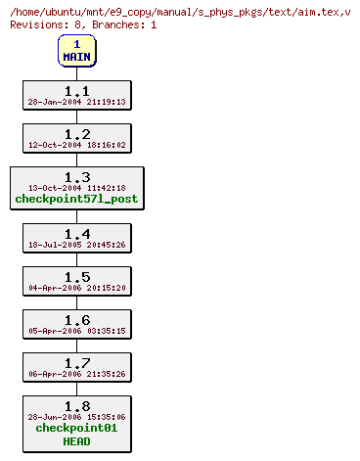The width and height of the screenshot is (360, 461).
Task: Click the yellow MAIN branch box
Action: [x=76, y=50]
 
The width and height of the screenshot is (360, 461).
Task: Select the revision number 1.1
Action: [x=76, y=90]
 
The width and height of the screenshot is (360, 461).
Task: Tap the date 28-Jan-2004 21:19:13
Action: [x=76, y=101]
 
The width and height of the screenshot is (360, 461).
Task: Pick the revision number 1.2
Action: [x=76, y=133]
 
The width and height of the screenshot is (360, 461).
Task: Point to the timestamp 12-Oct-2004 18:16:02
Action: [x=76, y=144]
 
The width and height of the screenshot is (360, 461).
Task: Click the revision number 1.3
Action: [x=76, y=176]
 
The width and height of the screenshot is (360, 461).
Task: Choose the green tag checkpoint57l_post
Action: [x=76, y=199]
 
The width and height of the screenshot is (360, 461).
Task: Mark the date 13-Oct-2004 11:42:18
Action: [x=76, y=187]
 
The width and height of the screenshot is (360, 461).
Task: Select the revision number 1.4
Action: [x=76, y=233]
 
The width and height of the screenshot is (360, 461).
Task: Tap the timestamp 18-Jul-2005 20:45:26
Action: [x=76, y=244]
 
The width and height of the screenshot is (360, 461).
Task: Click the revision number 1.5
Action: [x=76, y=276]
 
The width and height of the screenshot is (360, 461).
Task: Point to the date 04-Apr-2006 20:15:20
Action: [x=76, y=287]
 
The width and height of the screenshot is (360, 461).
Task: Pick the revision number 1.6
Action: [x=76, y=319]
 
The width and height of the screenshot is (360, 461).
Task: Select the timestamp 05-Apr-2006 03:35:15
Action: [x=76, y=330]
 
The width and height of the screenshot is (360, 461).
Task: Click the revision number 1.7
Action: [x=76, y=362]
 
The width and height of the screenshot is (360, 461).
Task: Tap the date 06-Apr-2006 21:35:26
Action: [x=76, y=373]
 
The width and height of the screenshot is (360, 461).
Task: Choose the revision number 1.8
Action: [x=76, y=405]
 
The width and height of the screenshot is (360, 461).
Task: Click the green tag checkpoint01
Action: [x=76, y=428]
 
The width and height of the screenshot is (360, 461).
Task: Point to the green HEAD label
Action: [x=76, y=440]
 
